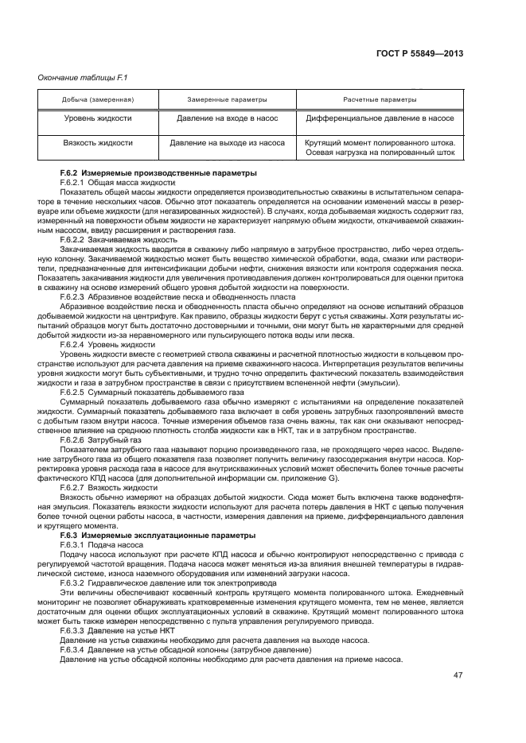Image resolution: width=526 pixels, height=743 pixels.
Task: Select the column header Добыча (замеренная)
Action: point(98,100)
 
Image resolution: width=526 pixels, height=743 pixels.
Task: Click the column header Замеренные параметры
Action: point(227,100)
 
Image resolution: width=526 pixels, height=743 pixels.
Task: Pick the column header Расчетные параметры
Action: point(380,100)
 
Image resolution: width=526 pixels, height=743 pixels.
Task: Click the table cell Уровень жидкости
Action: point(98,118)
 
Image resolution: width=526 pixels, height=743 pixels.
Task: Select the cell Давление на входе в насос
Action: point(227,118)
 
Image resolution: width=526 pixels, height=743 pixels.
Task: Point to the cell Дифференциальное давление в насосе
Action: point(380,118)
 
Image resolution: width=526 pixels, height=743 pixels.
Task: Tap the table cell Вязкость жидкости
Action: point(98,144)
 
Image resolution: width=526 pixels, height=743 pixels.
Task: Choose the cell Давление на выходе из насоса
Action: point(227,144)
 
